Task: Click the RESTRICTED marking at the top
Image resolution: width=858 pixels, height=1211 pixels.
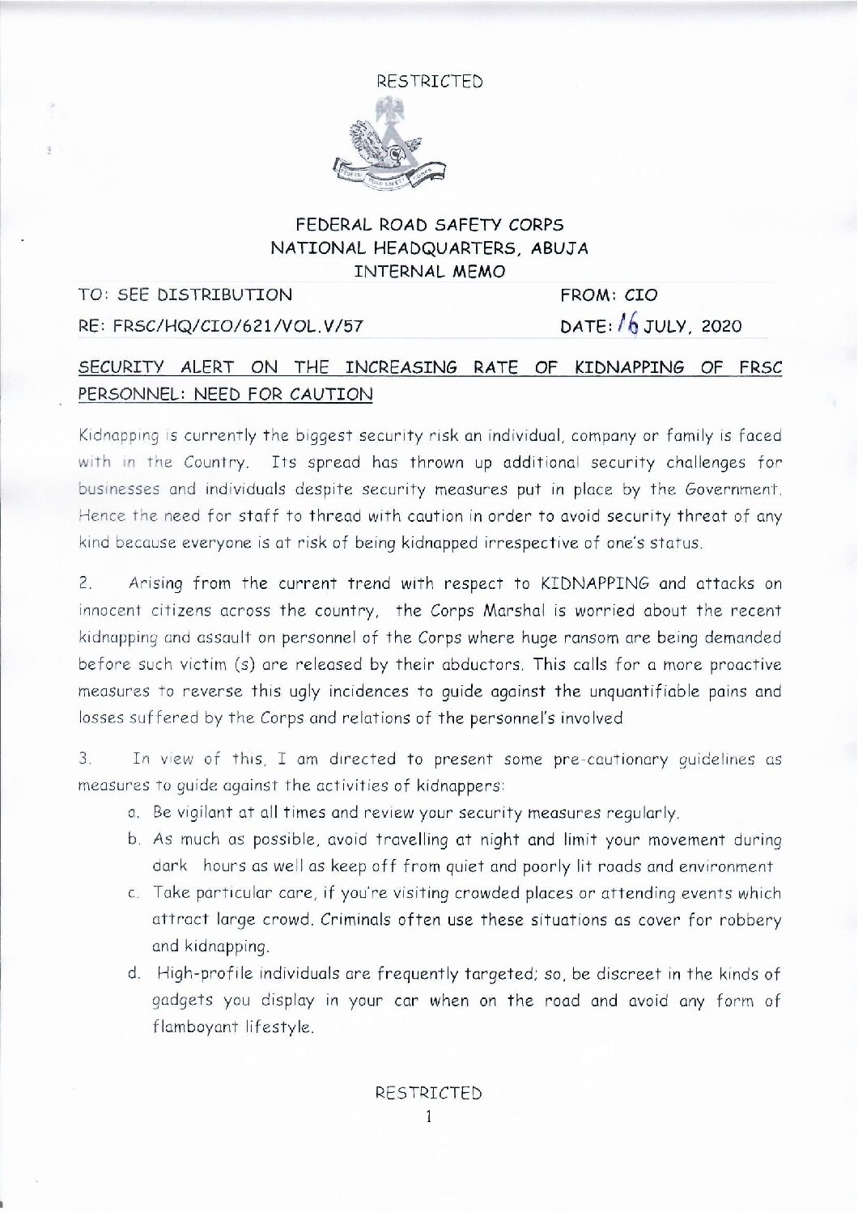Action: (x=429, y=82)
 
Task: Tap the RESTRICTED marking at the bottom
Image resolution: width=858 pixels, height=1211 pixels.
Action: (x=429, y=1094)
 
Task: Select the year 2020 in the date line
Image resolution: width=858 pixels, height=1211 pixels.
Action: (x=718, y=327)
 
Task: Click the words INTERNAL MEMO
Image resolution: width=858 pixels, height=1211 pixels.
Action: (x=429, y=272)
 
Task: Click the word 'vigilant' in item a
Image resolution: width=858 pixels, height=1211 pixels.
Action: (x=214, y=812)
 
